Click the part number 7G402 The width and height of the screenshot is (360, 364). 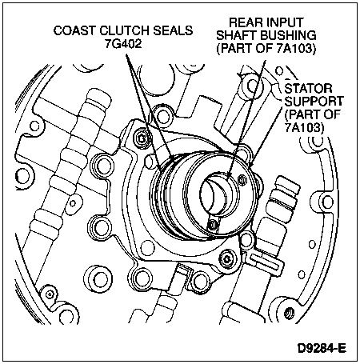click(123, 44)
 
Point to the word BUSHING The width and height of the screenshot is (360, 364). click(288, 35)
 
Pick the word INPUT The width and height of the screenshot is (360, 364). click(285, 22)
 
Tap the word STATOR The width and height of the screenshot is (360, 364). click(308, 88)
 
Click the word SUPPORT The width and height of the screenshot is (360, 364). click(314, 101)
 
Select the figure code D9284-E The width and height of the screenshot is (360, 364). click(322, 348)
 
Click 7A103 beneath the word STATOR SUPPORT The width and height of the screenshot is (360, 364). click(304, 127)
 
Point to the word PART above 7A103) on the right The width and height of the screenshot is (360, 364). click(302, 114)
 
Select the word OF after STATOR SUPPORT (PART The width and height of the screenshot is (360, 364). click(332, 114)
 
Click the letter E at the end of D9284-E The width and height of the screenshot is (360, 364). click(342, 348)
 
